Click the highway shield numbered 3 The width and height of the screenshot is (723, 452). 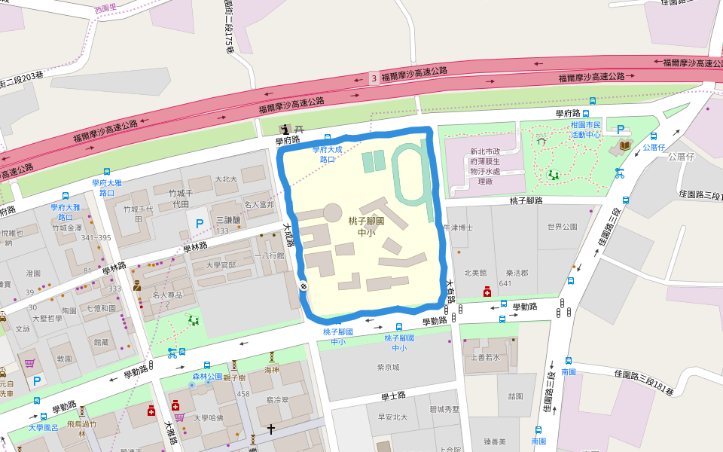(374, 78)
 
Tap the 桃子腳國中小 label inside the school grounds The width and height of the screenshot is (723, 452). (367, 227)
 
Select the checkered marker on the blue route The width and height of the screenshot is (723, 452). (303, 286)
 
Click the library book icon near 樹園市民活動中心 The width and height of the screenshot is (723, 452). (624, 145)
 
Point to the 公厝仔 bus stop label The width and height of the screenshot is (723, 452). (654, 148)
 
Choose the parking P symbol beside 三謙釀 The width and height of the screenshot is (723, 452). (200, 223)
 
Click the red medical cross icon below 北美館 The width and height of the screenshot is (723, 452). (487, 292)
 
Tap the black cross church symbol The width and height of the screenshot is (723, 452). (271, 429)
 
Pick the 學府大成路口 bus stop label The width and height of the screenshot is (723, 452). (328, 154)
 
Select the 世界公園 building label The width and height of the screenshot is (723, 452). (562, 227)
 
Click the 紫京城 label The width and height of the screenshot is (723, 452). (388, 368)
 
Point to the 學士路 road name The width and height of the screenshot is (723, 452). (393, 395)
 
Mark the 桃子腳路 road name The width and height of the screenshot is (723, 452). (526, 200)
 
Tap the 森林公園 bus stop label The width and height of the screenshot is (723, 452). (207, 375)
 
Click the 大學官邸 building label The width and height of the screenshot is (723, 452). (221, 265)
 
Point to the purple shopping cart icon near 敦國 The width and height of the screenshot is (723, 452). (29, 363)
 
